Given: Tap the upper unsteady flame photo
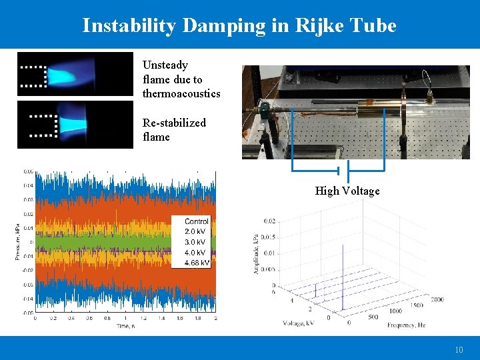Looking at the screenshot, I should click(75, 74).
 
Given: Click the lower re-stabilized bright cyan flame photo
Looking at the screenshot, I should click(75, 124).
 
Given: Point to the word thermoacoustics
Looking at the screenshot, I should click(181, 93).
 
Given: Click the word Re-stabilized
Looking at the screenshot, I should click(174, 123).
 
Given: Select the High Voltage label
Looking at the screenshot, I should click(347, 191).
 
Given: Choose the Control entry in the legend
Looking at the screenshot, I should click(196, 221).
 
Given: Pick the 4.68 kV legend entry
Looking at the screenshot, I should click(196, 263).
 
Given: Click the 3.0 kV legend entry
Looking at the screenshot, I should click(195, 242).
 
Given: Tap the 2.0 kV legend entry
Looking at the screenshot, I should click(195, 231).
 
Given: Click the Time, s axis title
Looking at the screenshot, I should click(125, 325).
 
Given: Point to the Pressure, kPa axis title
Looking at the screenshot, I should click(18, 242).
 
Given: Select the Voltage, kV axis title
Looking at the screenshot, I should click(299, 323).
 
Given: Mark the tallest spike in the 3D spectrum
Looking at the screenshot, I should click(343, 273).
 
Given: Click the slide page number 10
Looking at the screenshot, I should click(459, 349).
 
